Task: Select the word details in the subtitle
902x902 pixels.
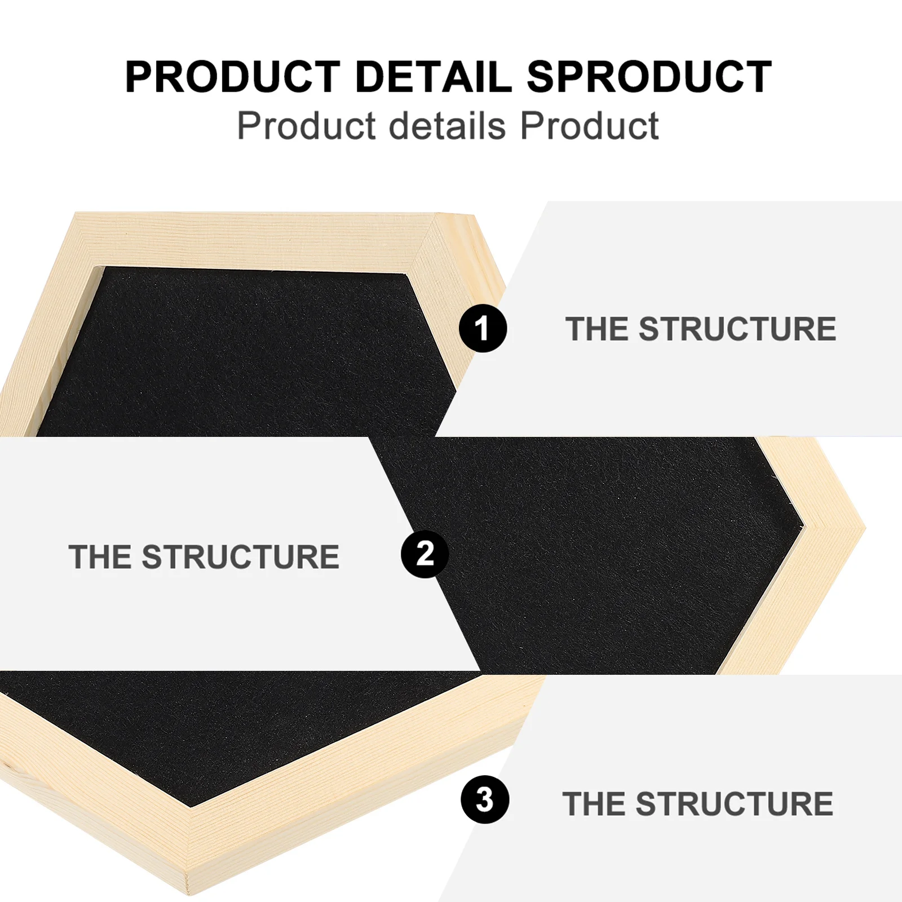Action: (447, 125)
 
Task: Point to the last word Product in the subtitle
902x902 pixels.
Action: (589, 125)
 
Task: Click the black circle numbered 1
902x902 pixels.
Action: (483, 328)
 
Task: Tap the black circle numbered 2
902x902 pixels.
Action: (425, 554)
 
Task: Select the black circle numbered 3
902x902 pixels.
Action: (484, 799)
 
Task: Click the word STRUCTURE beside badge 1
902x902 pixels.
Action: (737, 329)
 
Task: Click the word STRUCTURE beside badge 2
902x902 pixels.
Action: (240, 557)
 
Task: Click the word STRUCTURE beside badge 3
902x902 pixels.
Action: (734, 803)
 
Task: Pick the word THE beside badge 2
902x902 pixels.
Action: (100, 557)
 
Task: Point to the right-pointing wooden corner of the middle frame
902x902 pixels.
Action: (846, 530)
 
